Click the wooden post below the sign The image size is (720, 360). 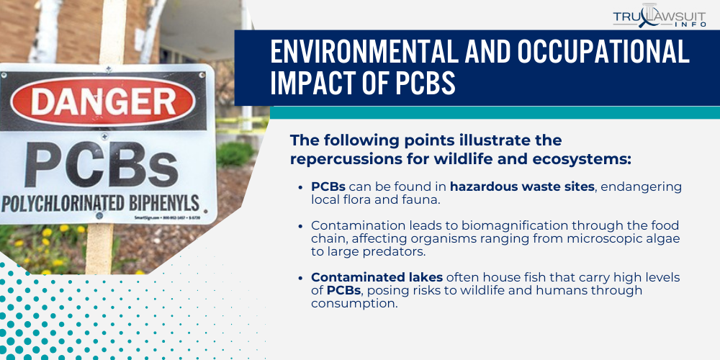tap(101, 248)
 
